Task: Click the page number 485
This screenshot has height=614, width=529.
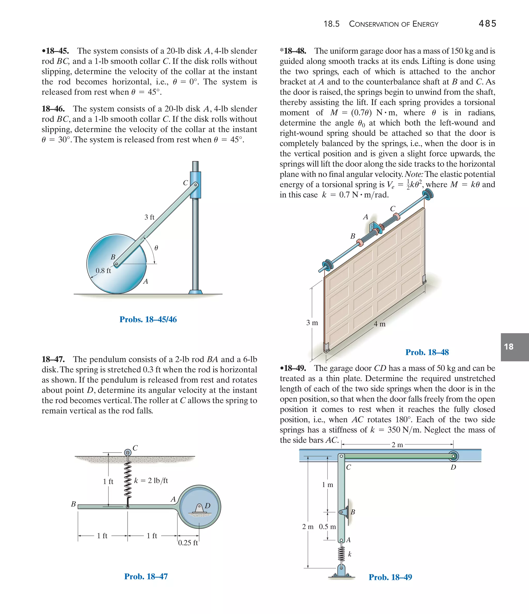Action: click(487, 24)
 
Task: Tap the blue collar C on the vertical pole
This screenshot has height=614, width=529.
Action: click(195, 185)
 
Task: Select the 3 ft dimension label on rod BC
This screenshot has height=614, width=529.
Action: click(149, 217)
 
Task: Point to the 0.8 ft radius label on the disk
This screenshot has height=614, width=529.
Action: click(103, 270)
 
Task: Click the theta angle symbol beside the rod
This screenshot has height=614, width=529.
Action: click(156, 248)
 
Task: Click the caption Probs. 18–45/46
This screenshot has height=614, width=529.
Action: click(148, 320)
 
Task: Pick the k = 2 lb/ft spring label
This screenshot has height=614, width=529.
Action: click(151, 480)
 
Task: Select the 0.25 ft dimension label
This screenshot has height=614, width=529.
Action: click(188, 543)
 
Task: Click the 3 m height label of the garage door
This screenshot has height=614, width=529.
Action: click(312, 323)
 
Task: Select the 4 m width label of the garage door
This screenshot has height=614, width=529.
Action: click(379, 324)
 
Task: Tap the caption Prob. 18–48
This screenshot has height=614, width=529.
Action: click(427, 352)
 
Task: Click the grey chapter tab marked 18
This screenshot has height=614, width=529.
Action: click(515, 347)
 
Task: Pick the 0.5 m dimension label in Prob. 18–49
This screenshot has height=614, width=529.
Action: click(327, 527)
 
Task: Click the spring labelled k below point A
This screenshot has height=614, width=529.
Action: click(341, 554)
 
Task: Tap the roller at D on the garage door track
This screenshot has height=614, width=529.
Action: click(453, 456)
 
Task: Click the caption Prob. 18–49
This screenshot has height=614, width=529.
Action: click(390, 577)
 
